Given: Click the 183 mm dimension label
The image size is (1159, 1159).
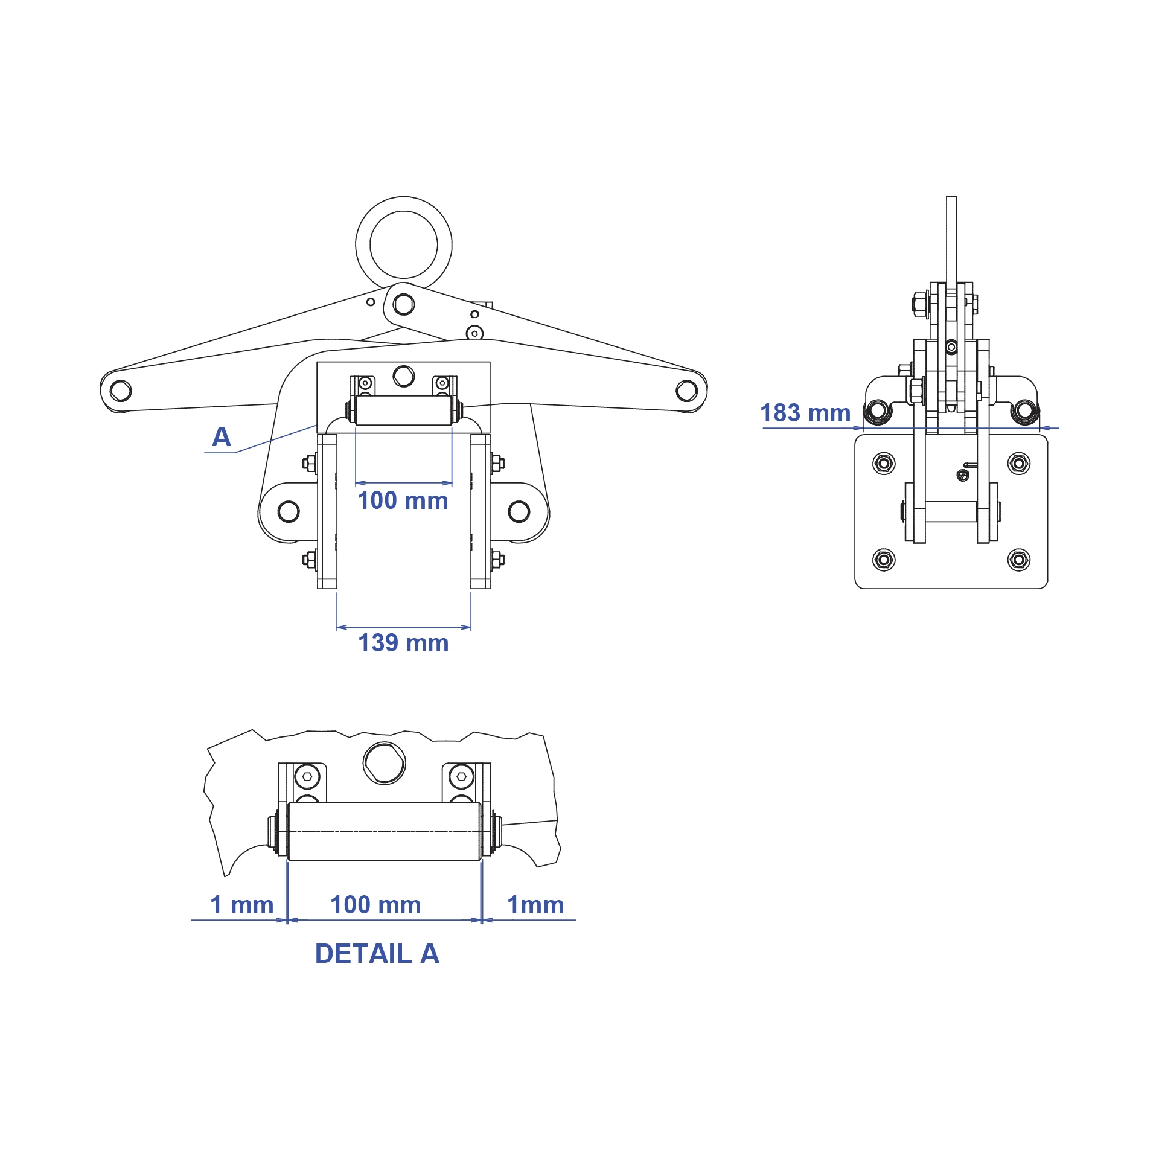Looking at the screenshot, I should (805, 413).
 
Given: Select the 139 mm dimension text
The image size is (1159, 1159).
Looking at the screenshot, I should (403, 643).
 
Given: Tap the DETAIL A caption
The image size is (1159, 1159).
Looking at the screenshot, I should (377, 954).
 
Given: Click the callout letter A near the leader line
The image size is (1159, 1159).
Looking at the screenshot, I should (222, 437).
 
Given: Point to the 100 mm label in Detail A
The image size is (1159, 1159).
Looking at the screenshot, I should (375, 905).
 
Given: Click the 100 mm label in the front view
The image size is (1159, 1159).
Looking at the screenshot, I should (403, 500).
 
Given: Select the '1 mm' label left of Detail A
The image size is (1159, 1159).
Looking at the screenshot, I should (241, 905).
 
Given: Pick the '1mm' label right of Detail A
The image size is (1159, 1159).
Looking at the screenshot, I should (535, 905).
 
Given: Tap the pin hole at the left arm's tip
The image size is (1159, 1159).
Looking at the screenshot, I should (121, 391).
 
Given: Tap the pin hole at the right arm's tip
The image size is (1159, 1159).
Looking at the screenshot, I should (687, 391).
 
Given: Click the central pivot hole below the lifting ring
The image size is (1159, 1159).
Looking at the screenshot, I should (403, 304).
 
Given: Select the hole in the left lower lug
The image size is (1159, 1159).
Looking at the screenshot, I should (289, 511).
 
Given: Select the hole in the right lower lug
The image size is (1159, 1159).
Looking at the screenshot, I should (519, 511).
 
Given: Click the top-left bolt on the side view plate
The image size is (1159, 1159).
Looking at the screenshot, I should (884, 463).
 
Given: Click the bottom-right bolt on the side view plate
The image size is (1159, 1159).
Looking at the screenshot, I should (1019, 560).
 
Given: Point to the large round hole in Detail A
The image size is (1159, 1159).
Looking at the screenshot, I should (385, 763).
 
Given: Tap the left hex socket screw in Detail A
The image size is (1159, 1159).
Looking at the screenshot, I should (307, 776).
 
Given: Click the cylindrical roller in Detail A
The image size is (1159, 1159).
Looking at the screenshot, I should (384, 831).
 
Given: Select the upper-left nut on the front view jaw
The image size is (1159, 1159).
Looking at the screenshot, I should (310, 464).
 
